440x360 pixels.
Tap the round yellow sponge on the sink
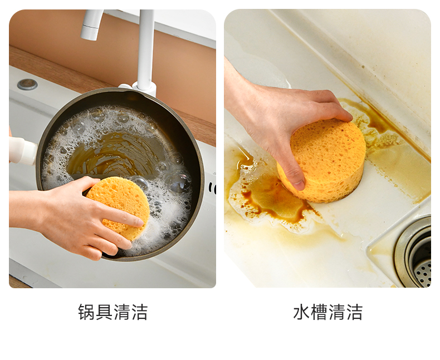(322, 161)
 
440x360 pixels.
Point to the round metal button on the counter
(27, 84)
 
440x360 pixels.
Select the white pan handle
(22, 151)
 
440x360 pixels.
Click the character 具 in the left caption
(104, 312)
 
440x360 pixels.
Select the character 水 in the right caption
(302, 312)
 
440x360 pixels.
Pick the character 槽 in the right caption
(319, 312)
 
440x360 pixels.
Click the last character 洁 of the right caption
(354, 312)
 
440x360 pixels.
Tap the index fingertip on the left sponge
(138, 222)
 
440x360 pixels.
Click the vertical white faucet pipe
(146, 48)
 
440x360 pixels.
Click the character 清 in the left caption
(122, 312)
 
